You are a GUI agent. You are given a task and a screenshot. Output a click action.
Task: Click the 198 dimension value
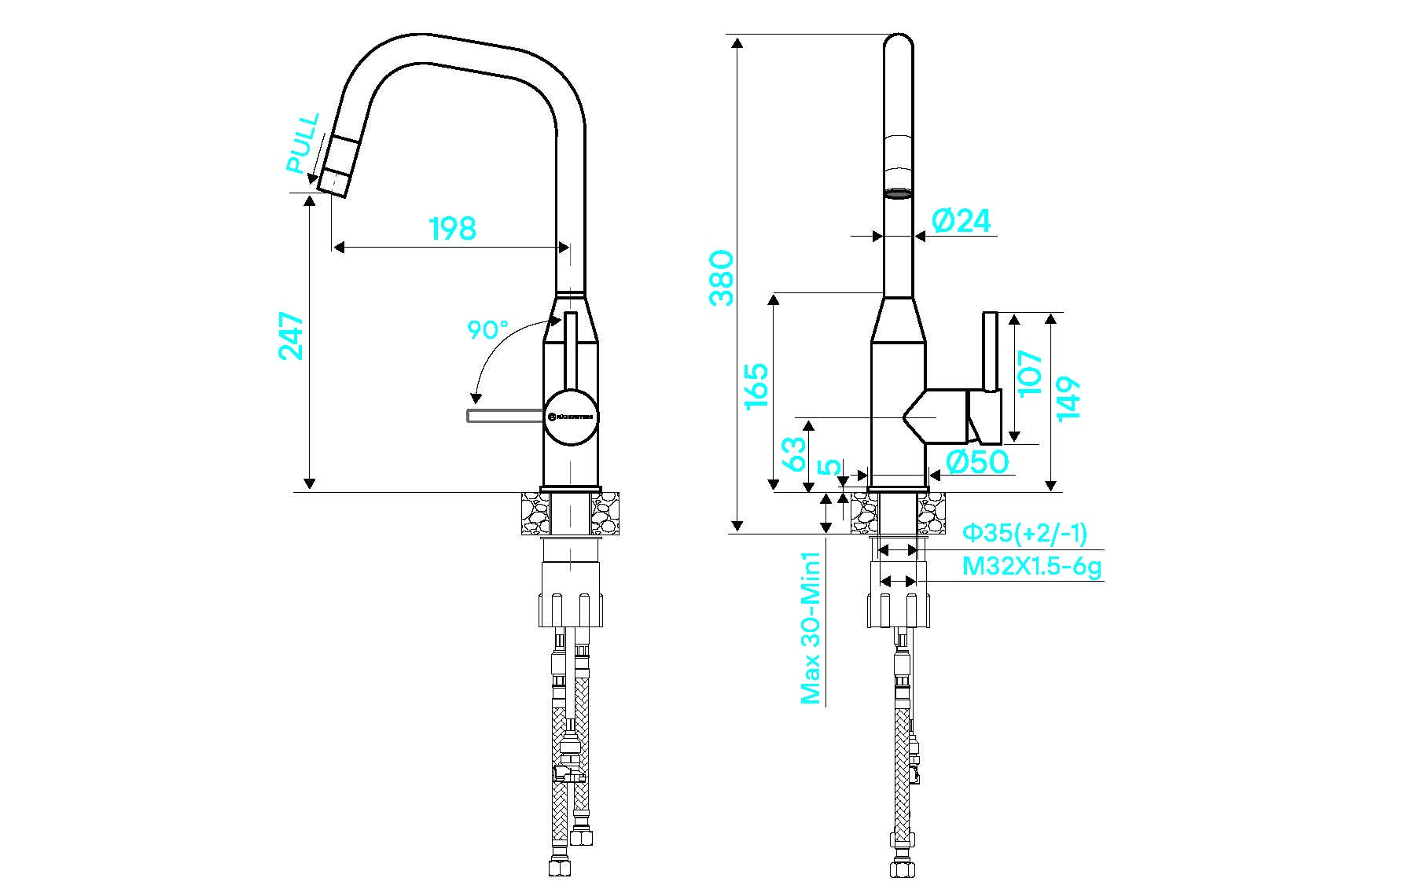pyautogui.click(x=453, y=228)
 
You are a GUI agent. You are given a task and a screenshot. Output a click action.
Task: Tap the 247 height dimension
pyautogui.click(x=291, y=336)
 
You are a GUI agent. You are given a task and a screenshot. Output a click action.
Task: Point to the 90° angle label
pyautogui.click(x=487, y=329)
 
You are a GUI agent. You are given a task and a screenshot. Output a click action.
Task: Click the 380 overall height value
pyautogui.click(x=721, y=277)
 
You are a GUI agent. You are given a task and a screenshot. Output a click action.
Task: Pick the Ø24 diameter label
pyautogui.click(x=961, y=221)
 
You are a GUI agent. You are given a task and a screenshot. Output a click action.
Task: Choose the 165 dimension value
pyautogui.click(x=756, y=385)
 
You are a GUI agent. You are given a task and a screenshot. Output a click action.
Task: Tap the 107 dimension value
pyautogui.click(x=1029, y=373)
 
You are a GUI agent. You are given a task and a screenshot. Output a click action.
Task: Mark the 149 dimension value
pyautogui.click(x=1068, y=399)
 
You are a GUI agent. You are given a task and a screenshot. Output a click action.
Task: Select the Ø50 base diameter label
pyautogui.click(x=976, y=461)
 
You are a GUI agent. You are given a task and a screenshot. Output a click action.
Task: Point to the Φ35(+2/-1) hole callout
pyautogui.click(x=1025, y=534)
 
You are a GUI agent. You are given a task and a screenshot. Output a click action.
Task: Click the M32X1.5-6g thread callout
pyautogui.click(x=1031, y=566)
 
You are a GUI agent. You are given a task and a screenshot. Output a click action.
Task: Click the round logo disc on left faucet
pyautogui.click(x=572, y=417)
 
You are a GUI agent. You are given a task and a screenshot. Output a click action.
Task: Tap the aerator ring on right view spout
pyautogui.click(x=898, y=193)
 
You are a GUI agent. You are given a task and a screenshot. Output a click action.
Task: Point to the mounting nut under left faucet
pyautogui.click(x=572, y=608)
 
